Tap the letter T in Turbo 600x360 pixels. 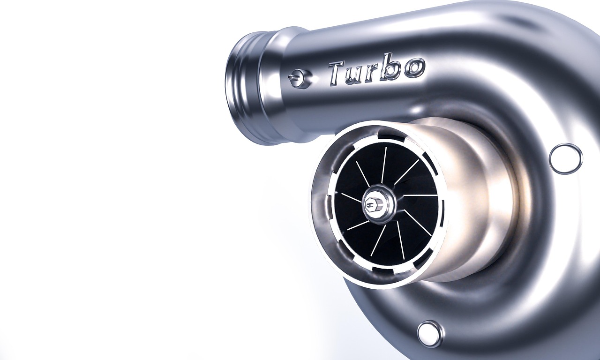pyautogui.click(x=337, y=73)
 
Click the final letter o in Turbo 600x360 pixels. pyautogui.click(x=414, y=67)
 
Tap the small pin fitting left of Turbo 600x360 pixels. pyautogui.click(x=299, y=78)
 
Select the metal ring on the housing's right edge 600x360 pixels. pyautogui.click(x=565, y=158)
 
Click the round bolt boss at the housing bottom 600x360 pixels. pyautogui.click(x=429, y=333)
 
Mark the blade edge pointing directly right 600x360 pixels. pyautogui.click(x=420, y=195)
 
